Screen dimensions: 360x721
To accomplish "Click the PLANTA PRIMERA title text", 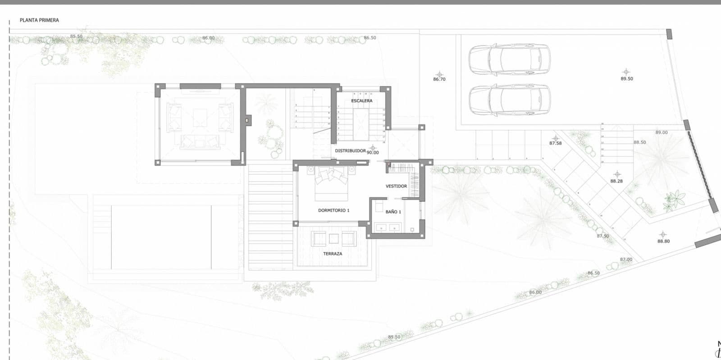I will [39, 20].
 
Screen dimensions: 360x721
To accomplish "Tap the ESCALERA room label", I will [362, 101].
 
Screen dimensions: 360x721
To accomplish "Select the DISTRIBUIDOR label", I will [350, 151].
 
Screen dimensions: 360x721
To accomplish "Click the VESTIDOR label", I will [396, 186].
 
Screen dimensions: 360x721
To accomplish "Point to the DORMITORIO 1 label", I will [333, 210].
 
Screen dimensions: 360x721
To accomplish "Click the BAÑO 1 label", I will [393, 212].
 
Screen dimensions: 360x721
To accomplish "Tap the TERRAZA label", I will [333, 254].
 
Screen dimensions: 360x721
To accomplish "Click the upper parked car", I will [509, 59].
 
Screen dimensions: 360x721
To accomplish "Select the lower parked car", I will [509, 100].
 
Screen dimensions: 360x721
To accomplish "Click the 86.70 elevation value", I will [439, 79].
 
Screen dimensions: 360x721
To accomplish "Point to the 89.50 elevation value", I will [626, 79].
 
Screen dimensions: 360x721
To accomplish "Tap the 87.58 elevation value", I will [555, 143].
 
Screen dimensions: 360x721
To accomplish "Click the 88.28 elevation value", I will [616, 181].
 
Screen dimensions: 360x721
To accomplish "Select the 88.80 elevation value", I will [663, 242].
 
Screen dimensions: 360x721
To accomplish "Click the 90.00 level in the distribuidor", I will [373, 153].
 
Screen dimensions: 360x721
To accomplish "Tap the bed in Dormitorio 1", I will [331, 185].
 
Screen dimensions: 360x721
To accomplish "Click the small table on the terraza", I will [334, 238].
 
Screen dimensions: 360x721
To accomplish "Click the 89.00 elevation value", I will [662, 132].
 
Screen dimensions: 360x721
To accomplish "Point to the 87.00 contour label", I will [626, 260].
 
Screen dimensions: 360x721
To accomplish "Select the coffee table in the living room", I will [200, 118].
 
